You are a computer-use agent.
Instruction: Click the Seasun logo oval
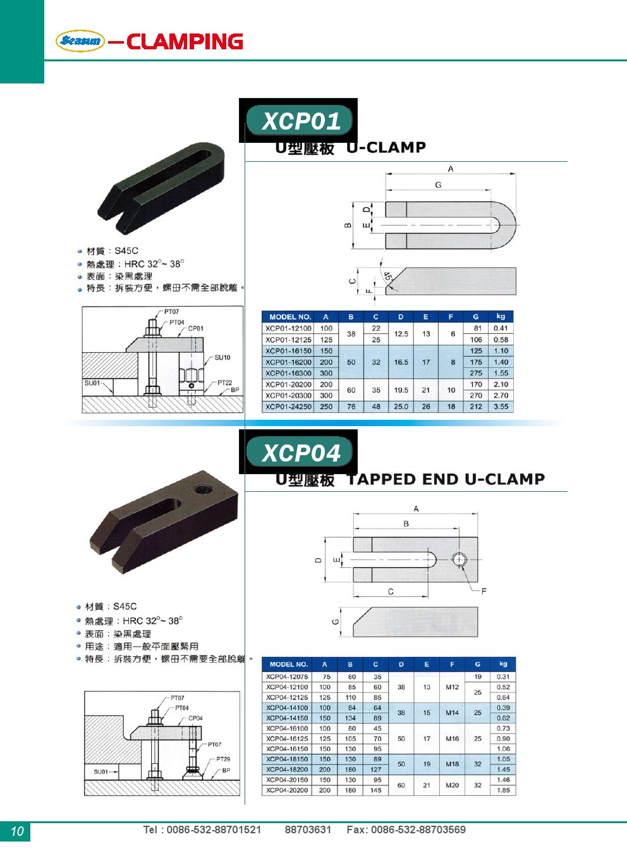pyautogui.click(x=80, y=40)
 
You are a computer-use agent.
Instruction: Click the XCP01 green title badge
pyautogui.click(x=299, y=120)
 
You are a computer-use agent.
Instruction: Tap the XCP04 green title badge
pyautogui.click(x=299, y=451)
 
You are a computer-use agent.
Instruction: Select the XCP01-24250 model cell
pyautogui.click(x=288, y=407)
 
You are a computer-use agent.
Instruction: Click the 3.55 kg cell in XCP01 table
pyautogui.click(x=501, y=407)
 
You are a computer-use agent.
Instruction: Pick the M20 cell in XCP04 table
pyautogui.click(x=452, y=785)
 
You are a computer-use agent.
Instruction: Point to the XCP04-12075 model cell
pyautogui.click(x=287, y=677)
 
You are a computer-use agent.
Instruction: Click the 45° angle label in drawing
pyautogui.click(x=388, y=276)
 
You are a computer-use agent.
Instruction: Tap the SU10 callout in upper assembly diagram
pyautogui.click(x=222, y=357)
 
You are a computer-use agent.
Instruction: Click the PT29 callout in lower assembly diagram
pyautogui.click(x=223, y=759)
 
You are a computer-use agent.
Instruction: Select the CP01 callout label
pyautogui.click(x=195, y=328)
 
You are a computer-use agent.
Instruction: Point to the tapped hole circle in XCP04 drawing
pyautogui.click(x=459, y=560)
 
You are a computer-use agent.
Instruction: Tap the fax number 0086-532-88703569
pyautogui.click(x=418, y=829)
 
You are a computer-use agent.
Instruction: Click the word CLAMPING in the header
pyautogui.click(x=185, y=41)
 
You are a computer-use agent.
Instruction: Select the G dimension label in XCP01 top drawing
pyautogui.click(x=438, y=185)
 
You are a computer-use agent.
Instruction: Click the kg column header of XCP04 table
pyautogui.click(x=503, y=664)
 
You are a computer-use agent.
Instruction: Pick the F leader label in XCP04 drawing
pyautogui.click(x=484, y=591)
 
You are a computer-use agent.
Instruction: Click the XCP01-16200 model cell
pyautogui.click(x=288, y=362)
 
